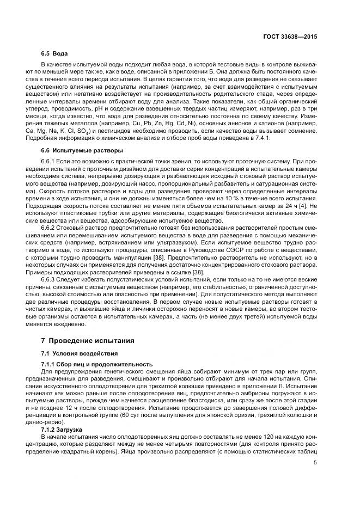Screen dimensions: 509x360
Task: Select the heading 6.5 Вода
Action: (x=54, y=54)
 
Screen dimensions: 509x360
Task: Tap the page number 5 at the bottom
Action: (x=315, y=463)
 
